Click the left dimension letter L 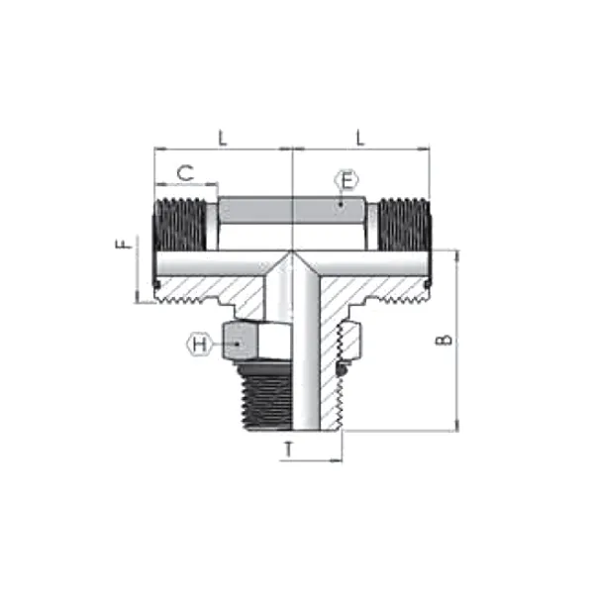(223, 139)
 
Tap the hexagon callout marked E (346, 180)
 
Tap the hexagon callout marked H (200, 345)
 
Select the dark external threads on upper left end (178, 226)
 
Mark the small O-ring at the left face (157, 287)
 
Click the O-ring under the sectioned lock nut (343, 369)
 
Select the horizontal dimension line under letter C (184, 184)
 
